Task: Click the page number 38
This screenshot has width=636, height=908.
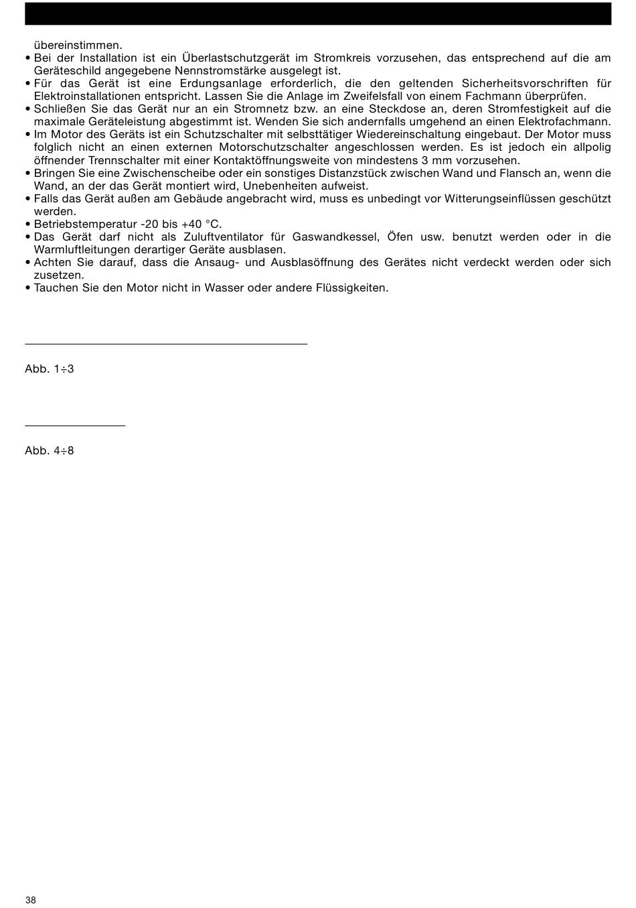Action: [x=31, y=900]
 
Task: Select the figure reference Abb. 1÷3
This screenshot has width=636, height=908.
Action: [x=49, y=369]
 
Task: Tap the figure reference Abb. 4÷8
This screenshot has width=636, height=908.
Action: [x=49, y=451]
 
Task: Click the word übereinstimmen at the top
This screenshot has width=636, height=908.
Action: [x=78, y=46]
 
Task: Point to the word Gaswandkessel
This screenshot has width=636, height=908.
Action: [x=333, y=237]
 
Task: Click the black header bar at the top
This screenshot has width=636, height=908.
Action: [x=318, y=13]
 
